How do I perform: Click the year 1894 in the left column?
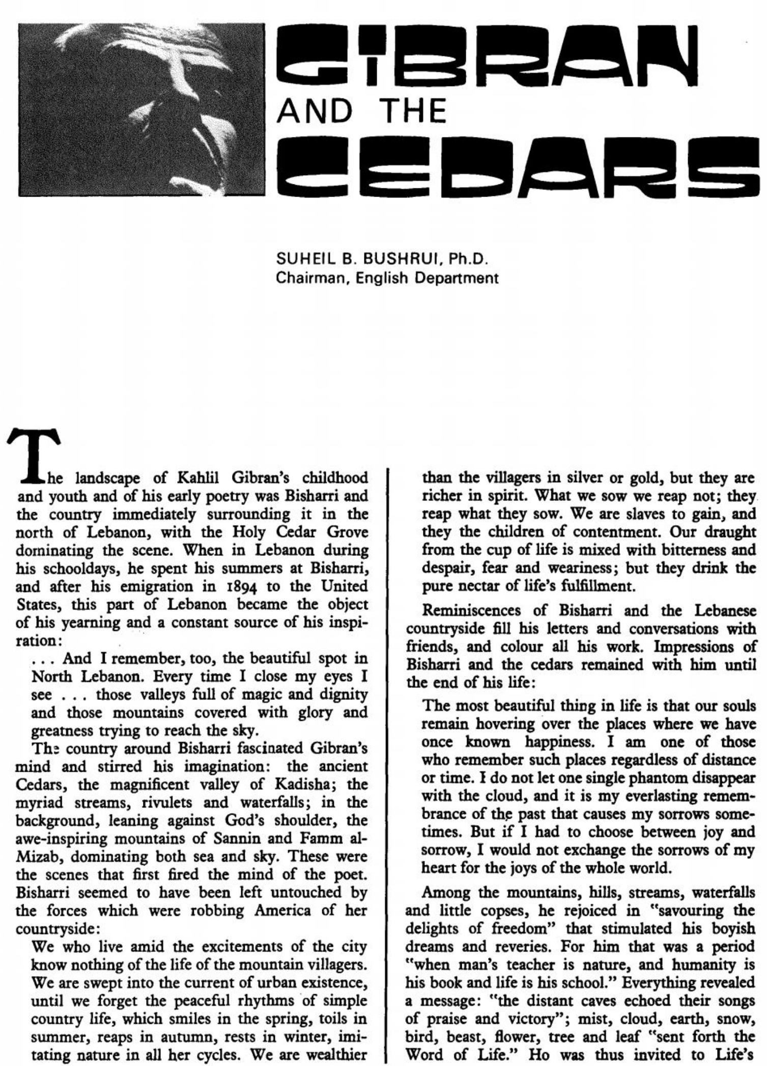243,586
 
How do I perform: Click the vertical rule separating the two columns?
390,764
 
